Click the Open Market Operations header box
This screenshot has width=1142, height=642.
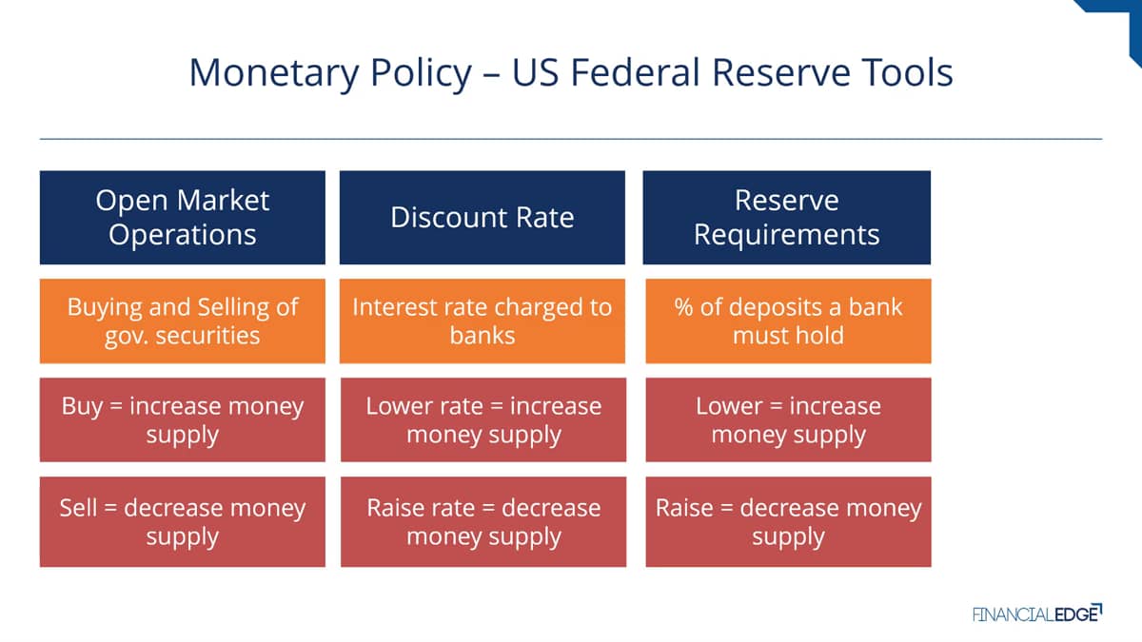[x=183, y=218]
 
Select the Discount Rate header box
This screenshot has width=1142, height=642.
[x=482, y=218]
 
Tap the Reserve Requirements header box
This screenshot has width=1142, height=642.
[x=787, y=218]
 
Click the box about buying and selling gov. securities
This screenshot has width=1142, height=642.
[x=183, y=321]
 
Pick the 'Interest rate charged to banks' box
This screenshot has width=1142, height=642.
[x=482, y=321]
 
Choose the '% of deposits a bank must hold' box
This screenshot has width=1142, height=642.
[x=788, y=321]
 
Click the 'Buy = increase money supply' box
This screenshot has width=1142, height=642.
[x=183, y=419]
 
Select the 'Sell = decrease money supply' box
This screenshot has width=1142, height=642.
[x=183, y=522]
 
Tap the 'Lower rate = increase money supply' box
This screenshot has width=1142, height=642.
[x=483, y=419]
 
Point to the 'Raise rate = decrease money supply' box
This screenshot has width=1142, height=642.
[x=483, y=522]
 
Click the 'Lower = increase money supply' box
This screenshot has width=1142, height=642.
[x=788, y=419]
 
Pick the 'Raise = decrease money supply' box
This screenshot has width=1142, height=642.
[x=788, y=522]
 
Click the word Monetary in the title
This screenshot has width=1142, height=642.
[x=274, y=74]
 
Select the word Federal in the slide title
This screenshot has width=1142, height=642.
[x=636, y=72]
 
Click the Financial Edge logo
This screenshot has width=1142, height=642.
[x=1037, y=613]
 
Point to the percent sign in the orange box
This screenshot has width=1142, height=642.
[x=683, y=307]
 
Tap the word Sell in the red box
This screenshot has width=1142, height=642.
[x=78, y=508]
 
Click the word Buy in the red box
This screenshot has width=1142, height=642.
[x=82, y=408]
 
